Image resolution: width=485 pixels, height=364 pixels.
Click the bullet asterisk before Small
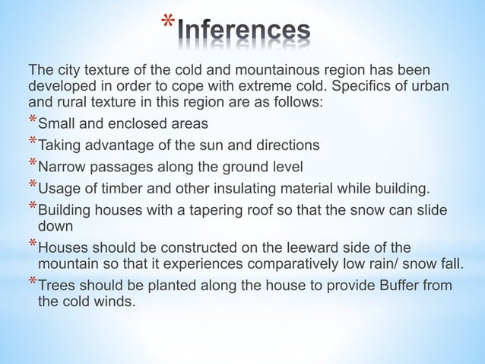point(31,123)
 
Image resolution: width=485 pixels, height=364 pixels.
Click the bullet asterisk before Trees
point(31,284)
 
